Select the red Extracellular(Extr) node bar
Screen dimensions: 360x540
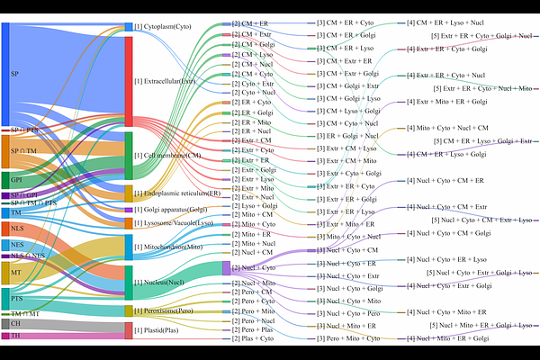[x=128, y=81]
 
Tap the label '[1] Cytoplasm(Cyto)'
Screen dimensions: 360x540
[x=166, y=27]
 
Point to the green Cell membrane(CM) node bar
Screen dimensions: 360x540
[x=128, y=155]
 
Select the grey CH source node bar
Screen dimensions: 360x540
[x=5, y=323]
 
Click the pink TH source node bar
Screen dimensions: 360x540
[x=5, y=336]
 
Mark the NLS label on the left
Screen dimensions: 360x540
[x=17, y=228]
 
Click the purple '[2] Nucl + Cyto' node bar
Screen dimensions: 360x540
[x=225, y=267]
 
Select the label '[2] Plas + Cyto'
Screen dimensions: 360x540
[x=256, y=338]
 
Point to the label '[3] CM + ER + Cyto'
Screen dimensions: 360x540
[x=345, y=21]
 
